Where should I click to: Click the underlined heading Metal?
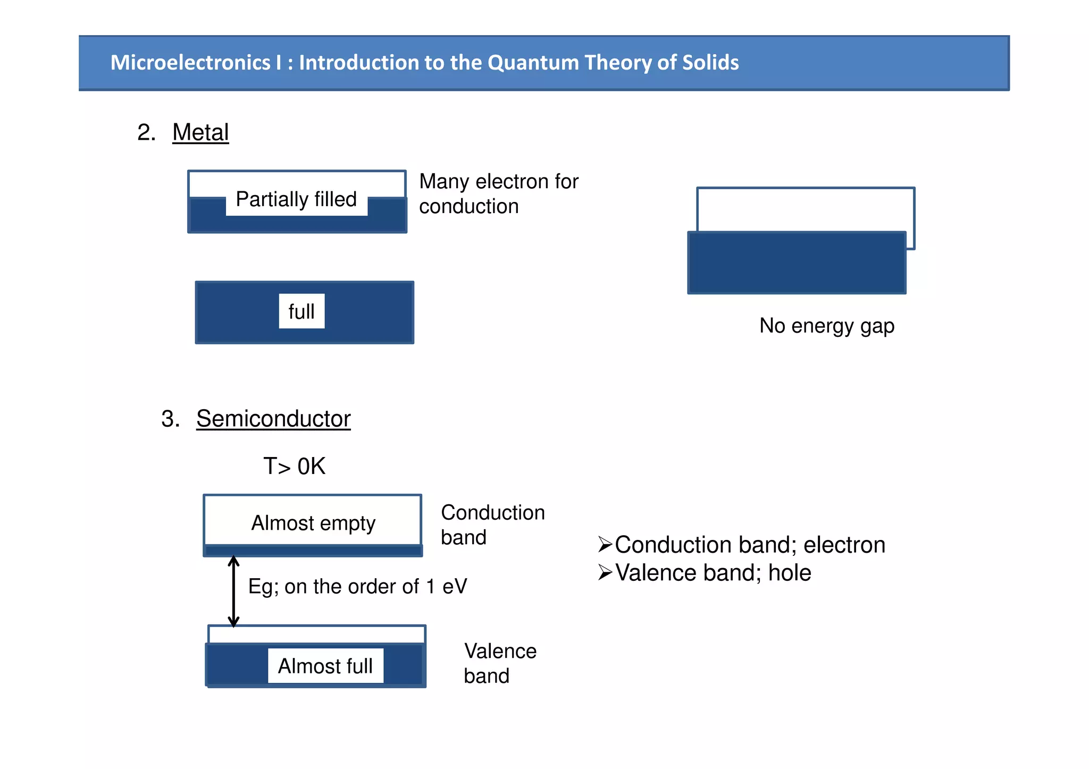200,132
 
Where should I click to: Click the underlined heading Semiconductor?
273,419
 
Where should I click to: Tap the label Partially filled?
296,199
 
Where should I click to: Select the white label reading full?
301,311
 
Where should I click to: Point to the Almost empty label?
313,523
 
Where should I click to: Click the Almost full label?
325,666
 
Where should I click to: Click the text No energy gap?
826,326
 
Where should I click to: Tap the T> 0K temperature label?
294,466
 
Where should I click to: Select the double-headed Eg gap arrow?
233,591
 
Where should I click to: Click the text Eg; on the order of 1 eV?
357,587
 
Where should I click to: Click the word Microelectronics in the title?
190,63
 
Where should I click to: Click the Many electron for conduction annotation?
498,194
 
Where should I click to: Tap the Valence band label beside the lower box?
500,663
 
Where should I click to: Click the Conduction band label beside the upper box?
492,525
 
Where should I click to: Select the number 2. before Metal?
146,132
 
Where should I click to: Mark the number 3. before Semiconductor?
170,419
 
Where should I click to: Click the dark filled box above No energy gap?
797,263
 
